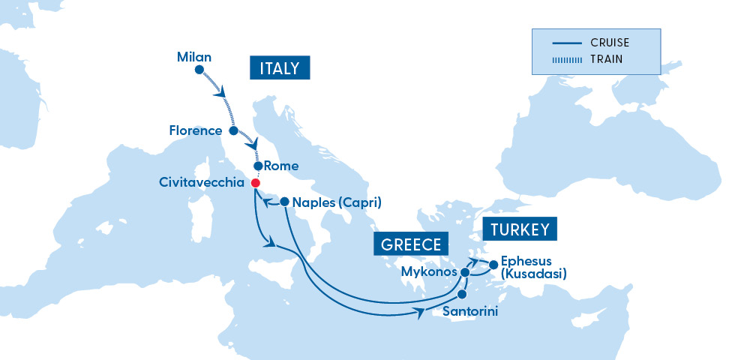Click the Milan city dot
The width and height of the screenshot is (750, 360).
(199, 70)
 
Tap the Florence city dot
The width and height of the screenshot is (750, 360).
(233, 130)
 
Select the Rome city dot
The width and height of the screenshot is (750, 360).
(258, 166)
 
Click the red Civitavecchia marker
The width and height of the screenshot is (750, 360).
(255, 183)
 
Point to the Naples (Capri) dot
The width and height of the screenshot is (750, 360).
(284, 201)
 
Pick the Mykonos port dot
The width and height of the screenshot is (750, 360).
(465, 272)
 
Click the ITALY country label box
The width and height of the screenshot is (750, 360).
(279, 69)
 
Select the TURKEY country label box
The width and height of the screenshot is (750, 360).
(520, 229)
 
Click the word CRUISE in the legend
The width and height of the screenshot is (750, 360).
(609, 43)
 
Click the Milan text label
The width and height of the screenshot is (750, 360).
(194, 56)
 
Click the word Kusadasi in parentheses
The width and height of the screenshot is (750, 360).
(532, 274)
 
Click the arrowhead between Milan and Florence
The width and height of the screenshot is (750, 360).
(222, 94)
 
